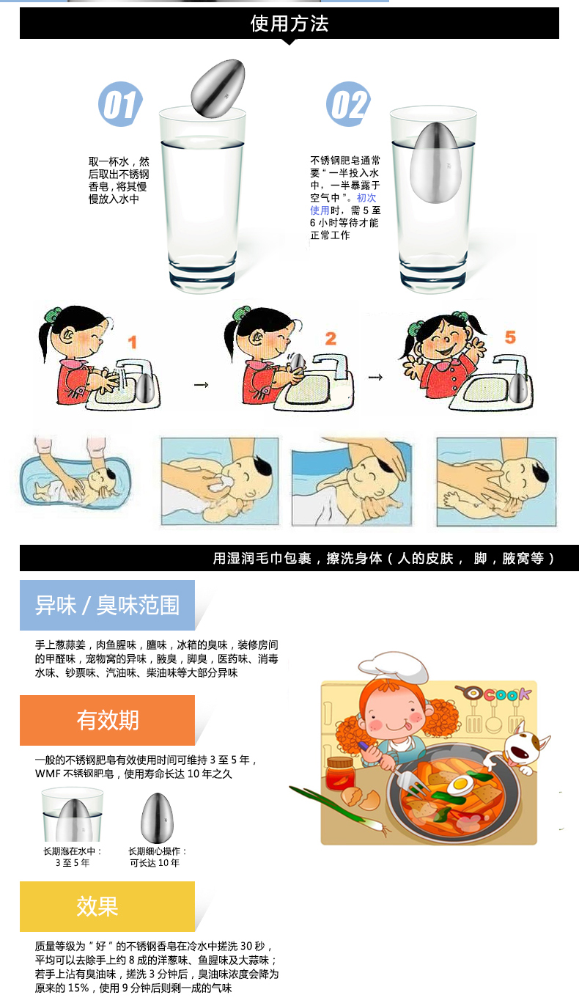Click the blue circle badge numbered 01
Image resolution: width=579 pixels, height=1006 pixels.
(x=120, y=104)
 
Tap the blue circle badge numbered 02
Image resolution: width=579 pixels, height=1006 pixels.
(x=348, y=104)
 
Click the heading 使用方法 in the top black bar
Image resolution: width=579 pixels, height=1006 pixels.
(x=289, y=23)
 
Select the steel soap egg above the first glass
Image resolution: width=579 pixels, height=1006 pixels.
(x=218, y=89)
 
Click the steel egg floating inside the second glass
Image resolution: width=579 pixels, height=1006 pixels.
(x=434, y=163)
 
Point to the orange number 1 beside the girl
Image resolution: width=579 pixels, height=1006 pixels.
(x=132, y=342)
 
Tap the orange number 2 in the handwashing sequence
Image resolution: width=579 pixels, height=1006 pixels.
(x=331, y=338)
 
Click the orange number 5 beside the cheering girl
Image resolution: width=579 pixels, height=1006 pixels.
(x=510, y=337)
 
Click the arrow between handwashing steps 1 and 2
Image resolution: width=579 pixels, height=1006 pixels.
(x=201, y=385)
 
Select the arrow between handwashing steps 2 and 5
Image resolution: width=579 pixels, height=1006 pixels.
(x=376, y=377)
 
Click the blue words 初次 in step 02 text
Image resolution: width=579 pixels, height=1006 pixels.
(x=366, y=198)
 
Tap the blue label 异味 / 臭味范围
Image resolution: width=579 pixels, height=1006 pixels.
(x=107, y=605)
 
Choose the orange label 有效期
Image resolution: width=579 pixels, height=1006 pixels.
(x=107, y=720)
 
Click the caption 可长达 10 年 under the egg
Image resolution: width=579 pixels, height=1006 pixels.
(x=155, y=863)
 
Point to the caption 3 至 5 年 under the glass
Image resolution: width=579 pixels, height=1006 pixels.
(x=73, y=863)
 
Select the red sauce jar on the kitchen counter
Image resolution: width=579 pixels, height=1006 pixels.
(x=340, y=774)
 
